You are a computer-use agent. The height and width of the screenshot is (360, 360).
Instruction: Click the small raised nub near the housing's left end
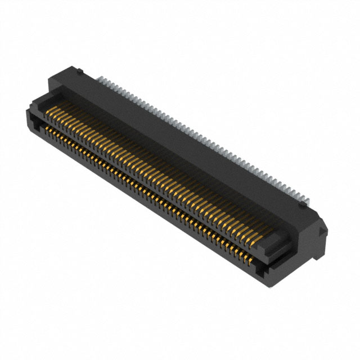pyautogui.click(x=80, y=71)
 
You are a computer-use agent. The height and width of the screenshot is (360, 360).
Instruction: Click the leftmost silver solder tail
pyautogui.click(x=100, y=79)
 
